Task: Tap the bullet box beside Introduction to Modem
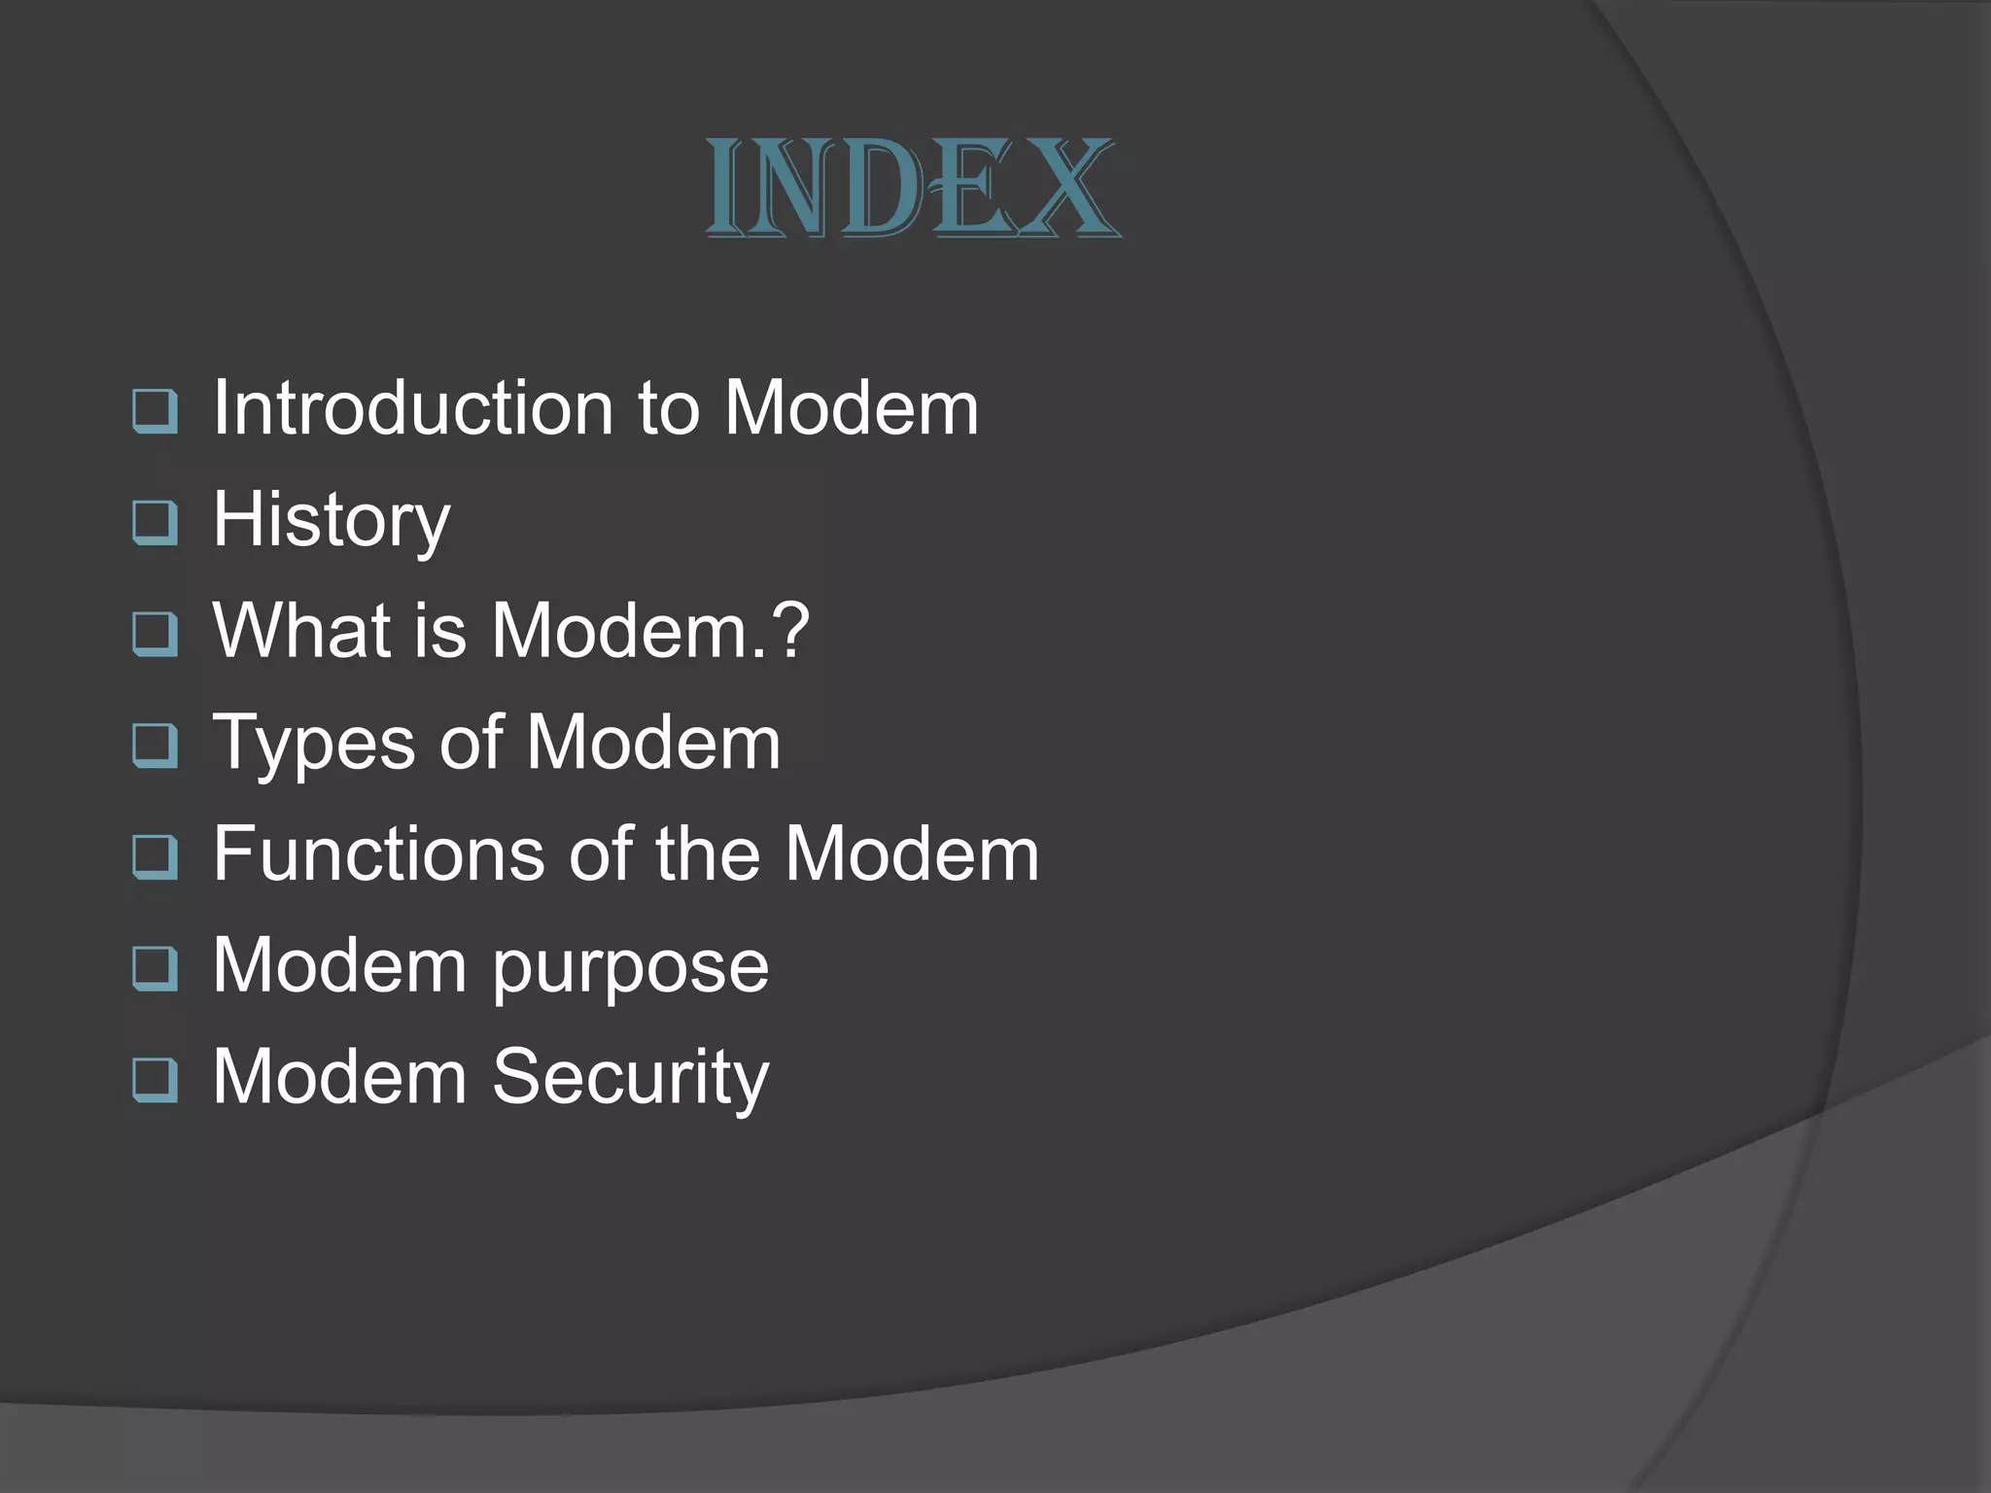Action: (155, 411)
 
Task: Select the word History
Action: (332, 520)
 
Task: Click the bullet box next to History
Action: (155, 522)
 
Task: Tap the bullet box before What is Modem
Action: (155, 634)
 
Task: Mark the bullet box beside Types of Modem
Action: (155, 746)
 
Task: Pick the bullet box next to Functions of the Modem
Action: (155, 857)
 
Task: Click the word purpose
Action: (631, 967)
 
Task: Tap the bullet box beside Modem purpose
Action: (155, 969)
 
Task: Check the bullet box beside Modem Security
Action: (155, 1080)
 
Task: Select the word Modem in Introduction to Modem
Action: (852, 407)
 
